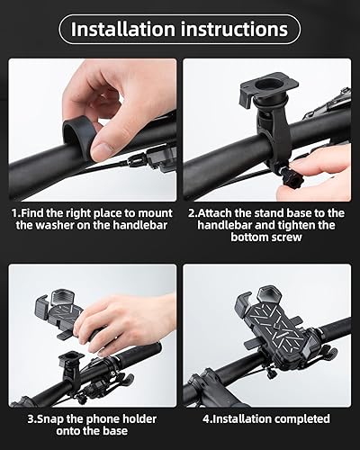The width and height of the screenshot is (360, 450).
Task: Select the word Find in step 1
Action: pyautogui.click(x=36, y=212)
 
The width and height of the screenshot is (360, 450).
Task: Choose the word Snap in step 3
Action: pyautogui.click(x=44, y=418)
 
